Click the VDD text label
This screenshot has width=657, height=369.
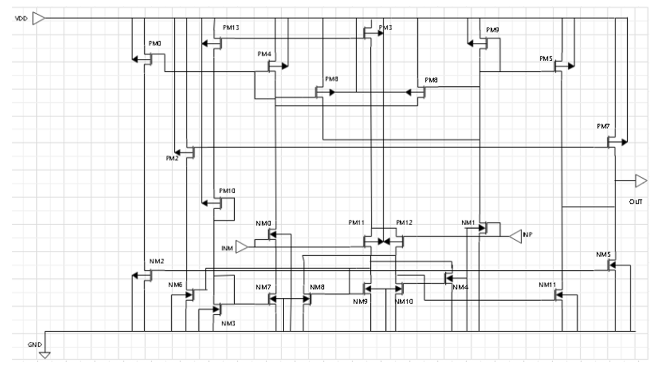tap(21, 19)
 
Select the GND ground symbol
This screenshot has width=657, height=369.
tap(45, 355)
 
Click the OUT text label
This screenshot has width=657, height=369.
tap(636, 202)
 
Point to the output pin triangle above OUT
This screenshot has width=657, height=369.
tap(641, 181)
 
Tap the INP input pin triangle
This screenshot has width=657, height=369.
tap(516, 236)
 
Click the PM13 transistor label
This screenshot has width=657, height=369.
tap(231, 27)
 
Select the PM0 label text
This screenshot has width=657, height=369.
tap(155, 43)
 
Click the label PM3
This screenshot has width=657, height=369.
tap(385, 27)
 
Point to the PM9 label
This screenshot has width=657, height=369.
tap(492, 30)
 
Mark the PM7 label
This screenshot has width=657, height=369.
tap(603, 126)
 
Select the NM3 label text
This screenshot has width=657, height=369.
tap(228, 323)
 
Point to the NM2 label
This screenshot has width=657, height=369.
tap(157, 261)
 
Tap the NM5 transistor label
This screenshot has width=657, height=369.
tap(603, 254)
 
